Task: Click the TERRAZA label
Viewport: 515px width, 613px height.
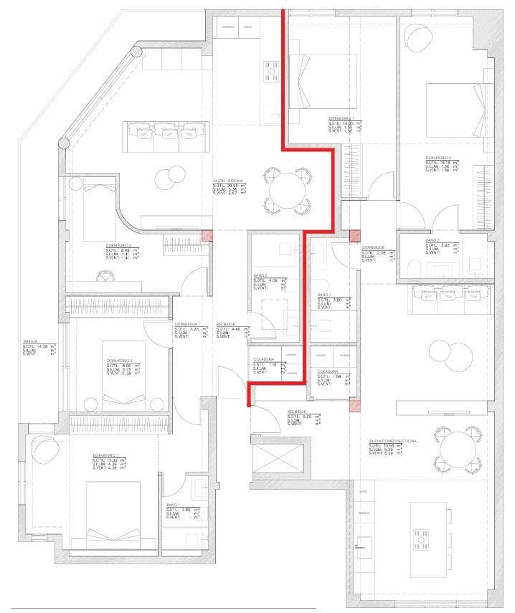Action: pos(30,341)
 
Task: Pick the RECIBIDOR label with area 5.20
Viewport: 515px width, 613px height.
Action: pos(297,412)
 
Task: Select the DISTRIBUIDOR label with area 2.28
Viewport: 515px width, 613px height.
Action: pos(373,247)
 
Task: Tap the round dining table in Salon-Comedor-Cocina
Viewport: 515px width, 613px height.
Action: pos(458,449)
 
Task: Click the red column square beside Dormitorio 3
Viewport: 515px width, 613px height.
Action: pos(206,235)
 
